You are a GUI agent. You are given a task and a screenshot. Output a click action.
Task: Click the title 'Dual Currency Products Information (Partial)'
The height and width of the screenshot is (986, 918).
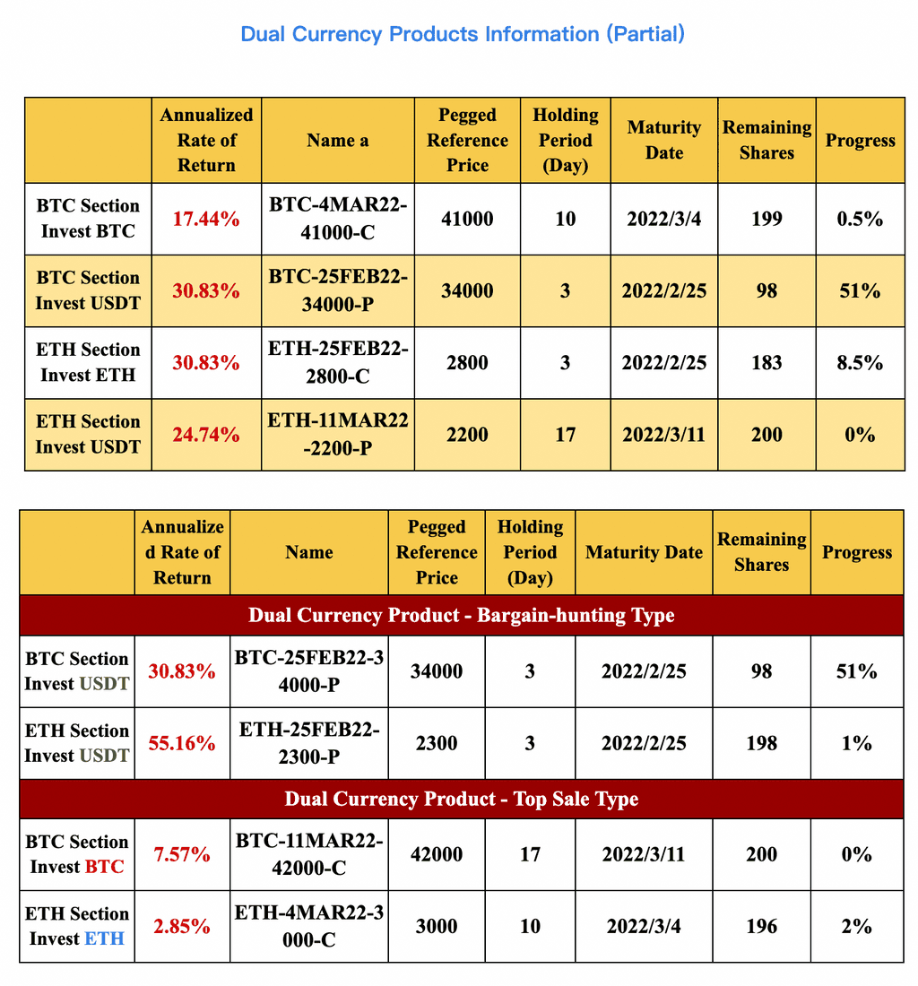coord(463,34)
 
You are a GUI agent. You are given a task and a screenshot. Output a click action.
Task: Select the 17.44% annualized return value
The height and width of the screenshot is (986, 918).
coord(206,219)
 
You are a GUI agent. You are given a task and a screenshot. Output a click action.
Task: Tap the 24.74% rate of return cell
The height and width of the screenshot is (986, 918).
coord(206,435)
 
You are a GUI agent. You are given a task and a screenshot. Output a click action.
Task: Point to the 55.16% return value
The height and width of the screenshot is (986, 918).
coord(182,743)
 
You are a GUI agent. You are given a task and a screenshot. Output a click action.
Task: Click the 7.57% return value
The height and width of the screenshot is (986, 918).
coord(182,854)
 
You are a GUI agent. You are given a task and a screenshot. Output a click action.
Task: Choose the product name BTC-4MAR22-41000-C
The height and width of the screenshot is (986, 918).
coord(338,219)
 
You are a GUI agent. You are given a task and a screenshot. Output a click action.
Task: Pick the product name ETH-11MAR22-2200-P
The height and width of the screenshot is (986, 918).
coord(338,435)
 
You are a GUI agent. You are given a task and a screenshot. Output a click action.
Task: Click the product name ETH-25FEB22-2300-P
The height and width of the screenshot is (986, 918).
coord(309,743)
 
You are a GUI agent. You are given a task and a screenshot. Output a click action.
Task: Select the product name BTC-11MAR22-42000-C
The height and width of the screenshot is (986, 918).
coord(309,854)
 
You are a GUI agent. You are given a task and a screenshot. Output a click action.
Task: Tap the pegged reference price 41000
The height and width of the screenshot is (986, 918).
coord(467,219)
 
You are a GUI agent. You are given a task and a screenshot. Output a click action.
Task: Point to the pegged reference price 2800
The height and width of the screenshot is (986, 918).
coord(467,363)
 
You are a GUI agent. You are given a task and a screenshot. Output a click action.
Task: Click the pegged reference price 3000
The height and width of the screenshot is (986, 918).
coord(437,926)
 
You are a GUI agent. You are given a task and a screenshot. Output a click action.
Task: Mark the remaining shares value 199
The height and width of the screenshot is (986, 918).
coord(766,219)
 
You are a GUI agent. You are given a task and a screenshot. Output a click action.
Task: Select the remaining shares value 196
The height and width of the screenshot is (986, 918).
coord(761,926)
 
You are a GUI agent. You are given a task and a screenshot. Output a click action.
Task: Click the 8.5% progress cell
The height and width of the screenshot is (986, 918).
coord(860,363)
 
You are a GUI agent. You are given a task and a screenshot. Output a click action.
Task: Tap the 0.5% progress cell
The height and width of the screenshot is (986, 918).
coord(860,219)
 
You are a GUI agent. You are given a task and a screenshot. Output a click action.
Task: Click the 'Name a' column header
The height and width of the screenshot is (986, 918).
coord(338,141)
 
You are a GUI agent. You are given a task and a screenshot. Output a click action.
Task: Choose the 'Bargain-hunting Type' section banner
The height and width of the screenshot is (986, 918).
coord(461,616)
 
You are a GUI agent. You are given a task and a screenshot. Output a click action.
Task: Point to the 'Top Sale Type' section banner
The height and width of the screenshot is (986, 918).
coord(461,799)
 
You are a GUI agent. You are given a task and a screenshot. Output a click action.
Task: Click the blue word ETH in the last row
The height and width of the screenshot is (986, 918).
coord(105,938)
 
